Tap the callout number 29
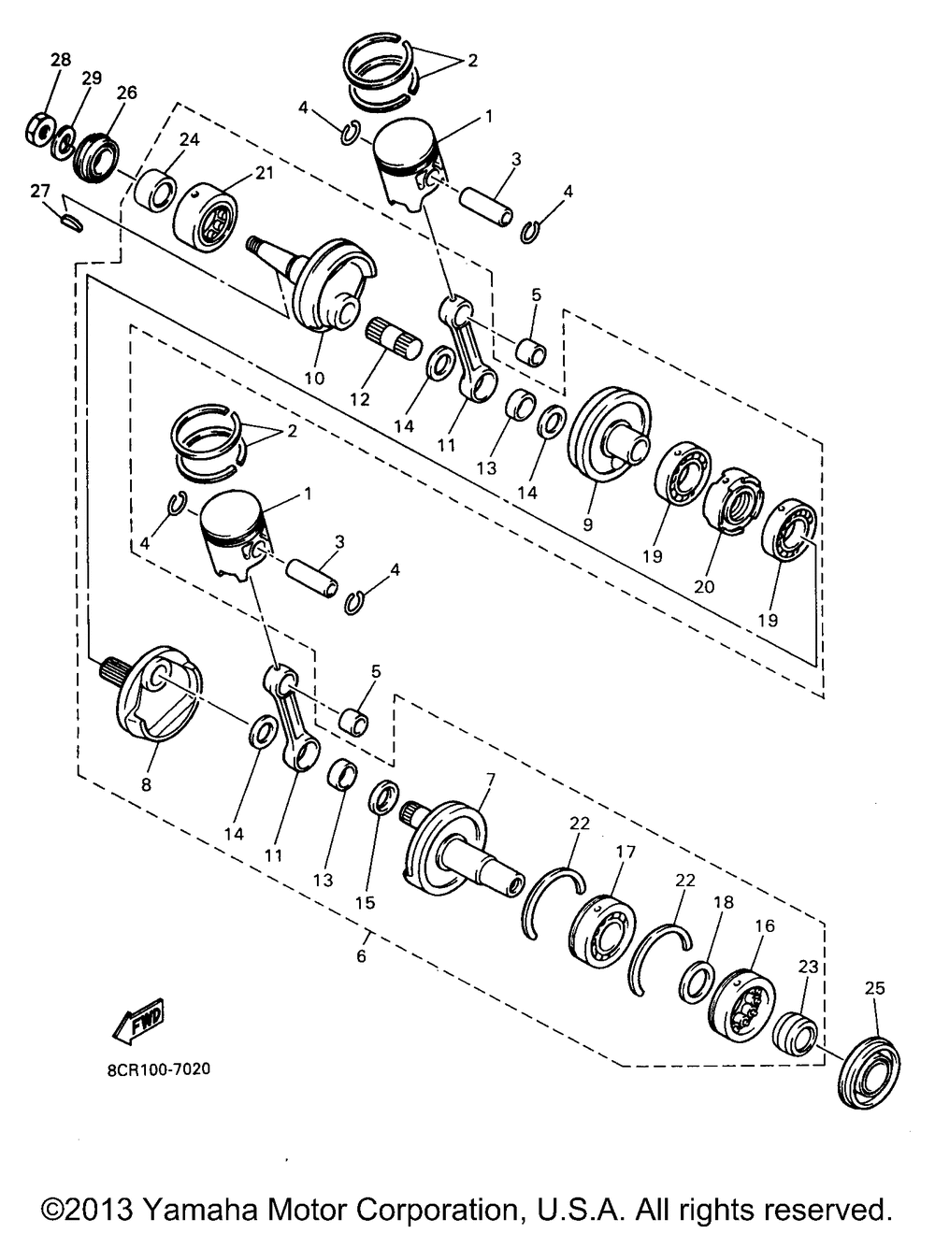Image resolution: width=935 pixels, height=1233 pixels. pyautogui.click(x=92, y=78)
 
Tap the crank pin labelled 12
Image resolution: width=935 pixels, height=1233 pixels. pyautogui.click(x=395, y=338)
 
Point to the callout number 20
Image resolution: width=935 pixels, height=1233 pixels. pyautogui.click(x=704, y=586)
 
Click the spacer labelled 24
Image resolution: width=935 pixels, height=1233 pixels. pyautogui.click(x=155, y=192)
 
